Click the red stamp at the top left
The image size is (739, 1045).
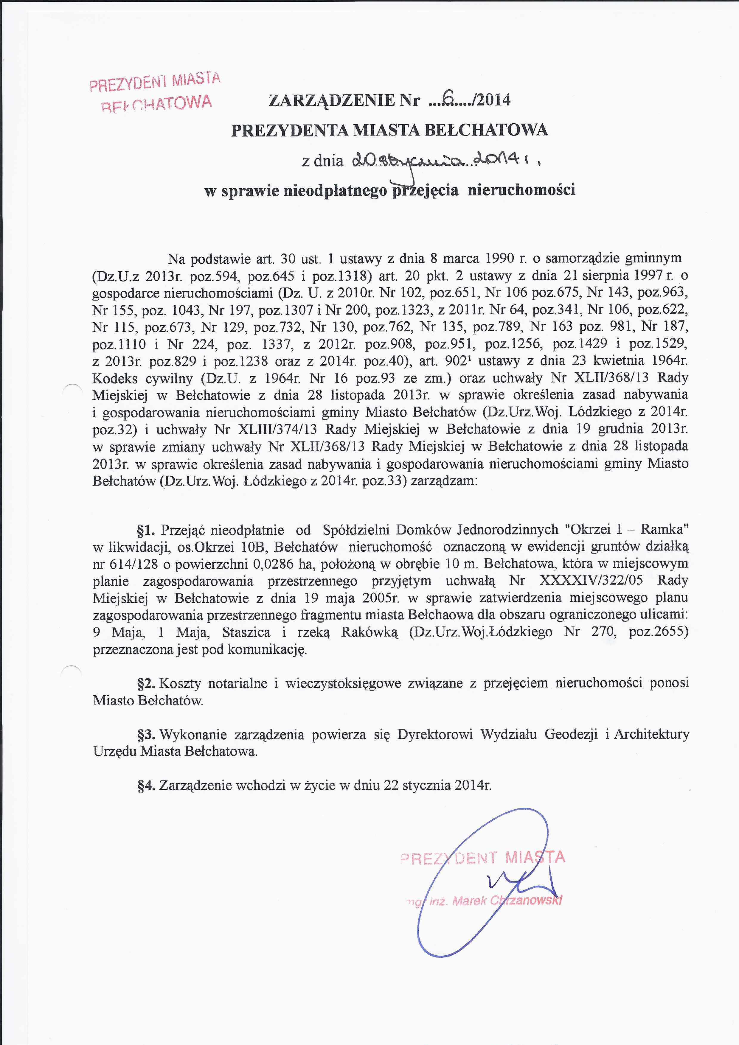pos(155,92)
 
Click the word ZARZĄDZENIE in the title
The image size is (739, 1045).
pos(332,100)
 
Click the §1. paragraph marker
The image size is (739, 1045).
pos(147,530)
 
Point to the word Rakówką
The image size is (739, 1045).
pos(369,633)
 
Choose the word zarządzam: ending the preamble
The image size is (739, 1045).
pos(444,481)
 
